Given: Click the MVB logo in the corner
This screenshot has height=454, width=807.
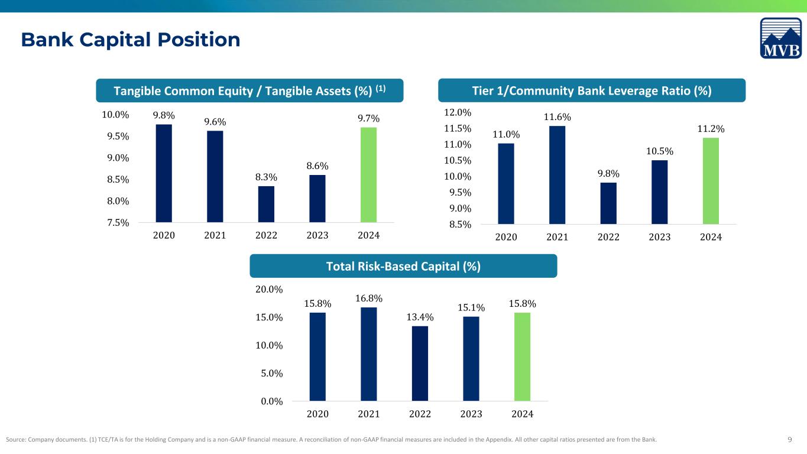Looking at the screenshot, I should tap(781, 38).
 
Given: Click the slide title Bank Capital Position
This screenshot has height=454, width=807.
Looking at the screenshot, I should tap(131, 40).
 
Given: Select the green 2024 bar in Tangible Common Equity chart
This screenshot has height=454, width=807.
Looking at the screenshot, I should tap(368, 175).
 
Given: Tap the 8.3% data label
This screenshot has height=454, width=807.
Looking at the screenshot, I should tap(266, 177).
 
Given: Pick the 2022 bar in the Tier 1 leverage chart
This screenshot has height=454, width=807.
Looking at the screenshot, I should tap(608, 203).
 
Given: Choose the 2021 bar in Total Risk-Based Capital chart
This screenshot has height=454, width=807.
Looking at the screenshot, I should tap(368, 354).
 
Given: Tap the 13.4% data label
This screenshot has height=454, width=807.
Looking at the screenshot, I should tap(420, 317).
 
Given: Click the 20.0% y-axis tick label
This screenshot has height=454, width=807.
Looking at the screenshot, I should tap(268, 289).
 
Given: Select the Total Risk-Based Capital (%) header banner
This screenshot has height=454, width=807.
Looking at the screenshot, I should tap(403, 266).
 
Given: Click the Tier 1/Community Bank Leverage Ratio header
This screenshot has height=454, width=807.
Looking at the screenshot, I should tap(592, 90).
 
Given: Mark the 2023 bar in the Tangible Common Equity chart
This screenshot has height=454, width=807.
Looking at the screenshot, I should tap(317, 199).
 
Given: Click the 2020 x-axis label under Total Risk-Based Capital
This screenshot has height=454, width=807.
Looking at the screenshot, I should tap(317, 414).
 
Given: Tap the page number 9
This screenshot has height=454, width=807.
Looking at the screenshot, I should tap(790, 439).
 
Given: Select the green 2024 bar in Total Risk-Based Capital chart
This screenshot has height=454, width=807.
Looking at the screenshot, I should tap(522, 356).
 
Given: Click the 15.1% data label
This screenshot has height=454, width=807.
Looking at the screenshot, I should tap(471, 307).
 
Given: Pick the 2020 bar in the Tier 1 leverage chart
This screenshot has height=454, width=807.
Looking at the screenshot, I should tap(506, 184).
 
